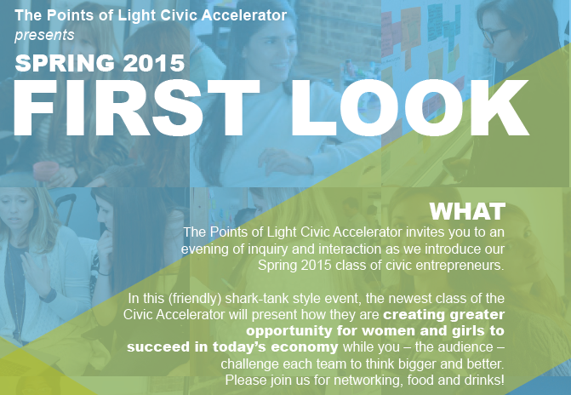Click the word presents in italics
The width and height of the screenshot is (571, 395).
[x=44, y=35]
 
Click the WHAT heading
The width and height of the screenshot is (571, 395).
[x=467, y=210]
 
